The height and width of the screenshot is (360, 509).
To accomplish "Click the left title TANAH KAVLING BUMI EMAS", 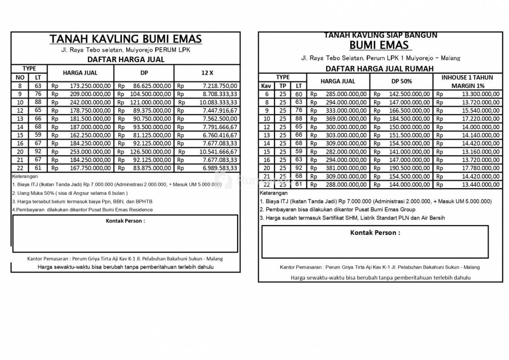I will click(x=125, y=39).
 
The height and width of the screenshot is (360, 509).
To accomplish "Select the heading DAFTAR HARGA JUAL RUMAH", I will click(x=379, y=68).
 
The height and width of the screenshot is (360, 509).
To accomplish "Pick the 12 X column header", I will click(x=207, y=72).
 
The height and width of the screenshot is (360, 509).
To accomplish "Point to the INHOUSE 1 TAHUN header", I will click(x=467, y=77).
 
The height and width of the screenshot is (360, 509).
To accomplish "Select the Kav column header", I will click(x=266, y=85).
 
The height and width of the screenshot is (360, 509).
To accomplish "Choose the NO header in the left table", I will click(x=20, y=77).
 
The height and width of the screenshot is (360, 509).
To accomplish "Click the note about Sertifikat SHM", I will click(x=352, y=218).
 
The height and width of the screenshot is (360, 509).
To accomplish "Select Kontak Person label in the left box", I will click(x=125, y=221).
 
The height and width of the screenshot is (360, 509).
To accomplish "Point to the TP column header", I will click(x=282, y=85).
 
